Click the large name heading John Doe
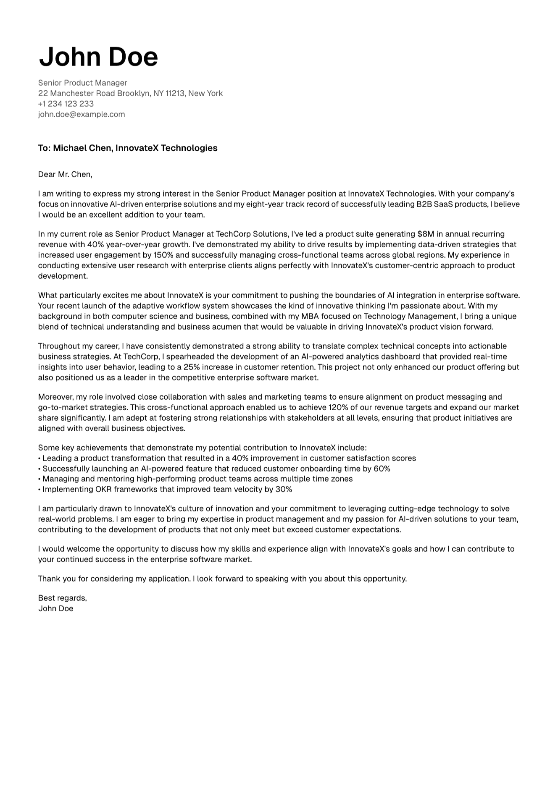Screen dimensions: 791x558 click(98, 57)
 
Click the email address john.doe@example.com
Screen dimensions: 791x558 click(82, 114)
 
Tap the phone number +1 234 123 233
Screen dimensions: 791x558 click(66, 104)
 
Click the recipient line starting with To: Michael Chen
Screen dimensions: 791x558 click(128, 148)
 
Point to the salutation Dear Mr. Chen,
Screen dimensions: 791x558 click(65, 174)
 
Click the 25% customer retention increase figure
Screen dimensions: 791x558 click(192, 367)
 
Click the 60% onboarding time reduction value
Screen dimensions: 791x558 click(382, 469)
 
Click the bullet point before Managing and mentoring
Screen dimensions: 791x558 click(39, 479)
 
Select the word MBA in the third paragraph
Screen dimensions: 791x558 click(310, 316)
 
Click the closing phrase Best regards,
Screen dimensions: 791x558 click(63, 598)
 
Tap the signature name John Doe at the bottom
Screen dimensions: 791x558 click(56, 608)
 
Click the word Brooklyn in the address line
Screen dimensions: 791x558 click(133, 93)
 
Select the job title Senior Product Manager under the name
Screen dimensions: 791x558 click(83, 83)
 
